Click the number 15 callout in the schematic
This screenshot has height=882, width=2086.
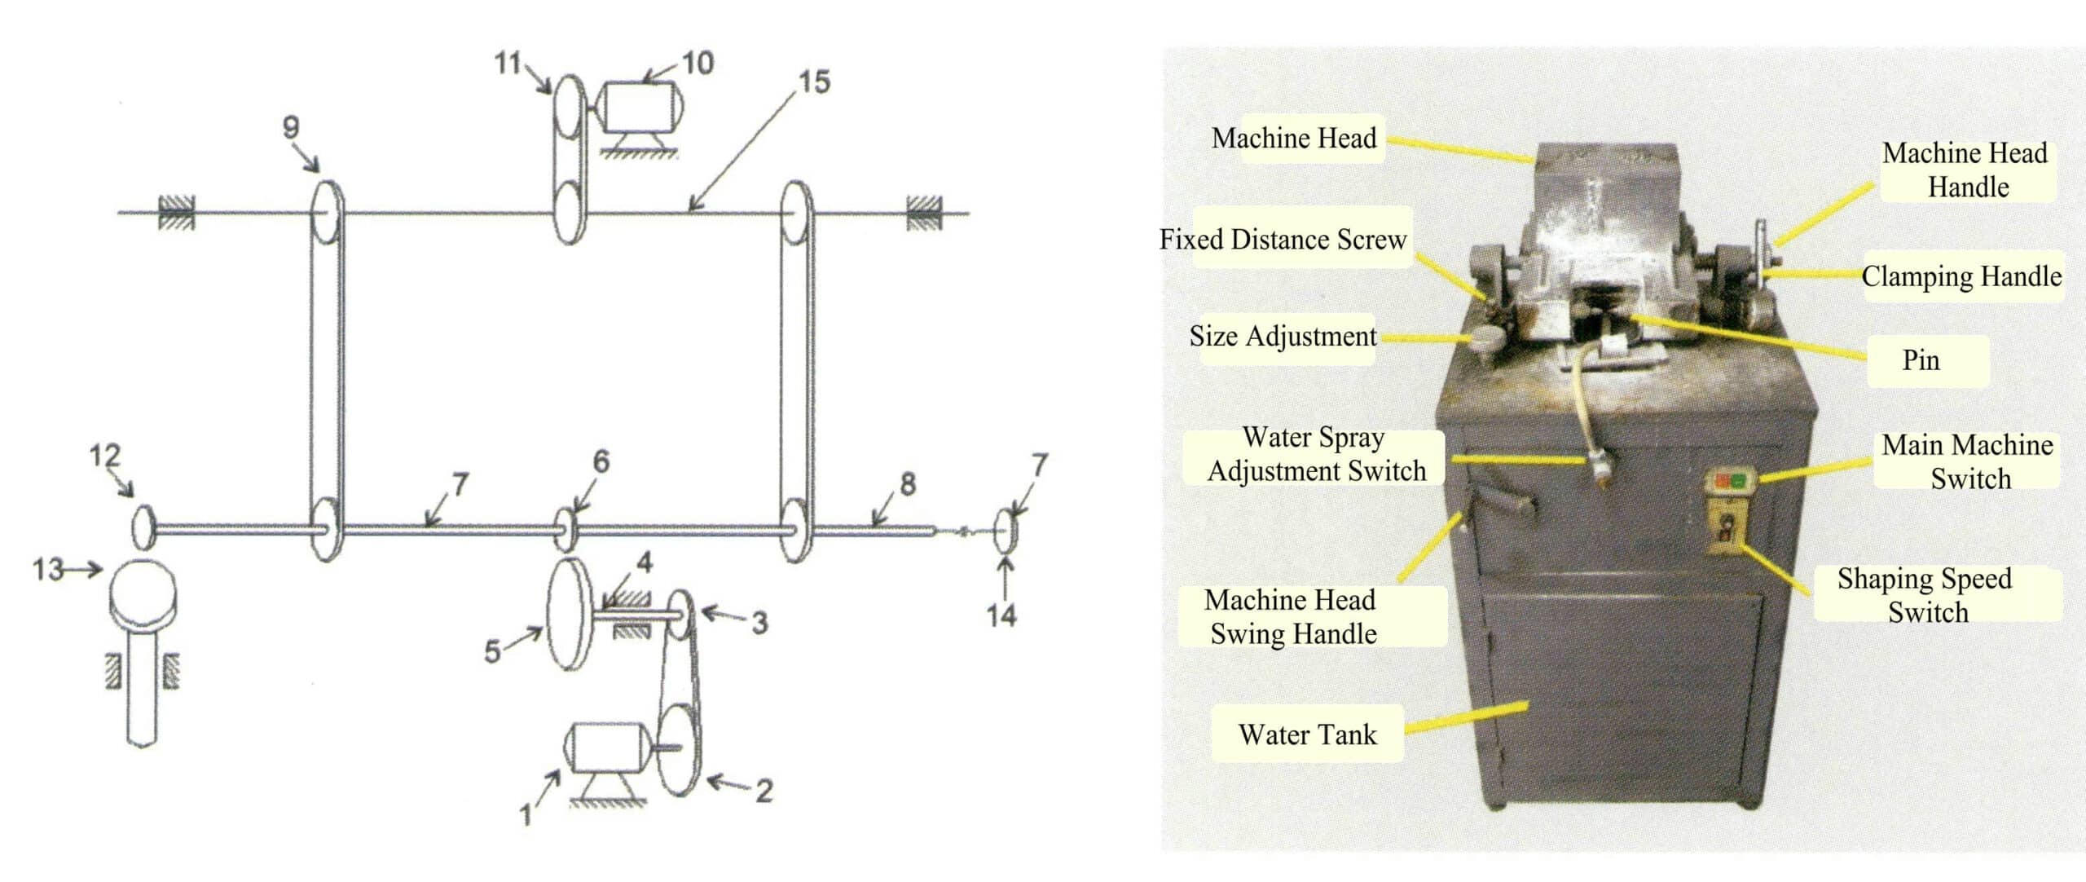click(814, 82)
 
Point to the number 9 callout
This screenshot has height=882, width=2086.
click(291, 127)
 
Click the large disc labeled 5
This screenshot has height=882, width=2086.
click(569, 615)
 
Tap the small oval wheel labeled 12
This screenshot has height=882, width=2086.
click(143, 526)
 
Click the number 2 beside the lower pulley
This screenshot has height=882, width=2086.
click(763, 791)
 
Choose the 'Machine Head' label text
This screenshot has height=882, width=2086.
click(1294, 139)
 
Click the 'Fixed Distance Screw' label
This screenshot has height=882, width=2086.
click(1283, 240)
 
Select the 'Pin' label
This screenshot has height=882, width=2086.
click(1921, 360)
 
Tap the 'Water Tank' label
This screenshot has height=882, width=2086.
click(1307, 734)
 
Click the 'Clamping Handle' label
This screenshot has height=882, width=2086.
click(1961, 276)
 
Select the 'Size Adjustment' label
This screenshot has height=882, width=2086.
click(1283, 336)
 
